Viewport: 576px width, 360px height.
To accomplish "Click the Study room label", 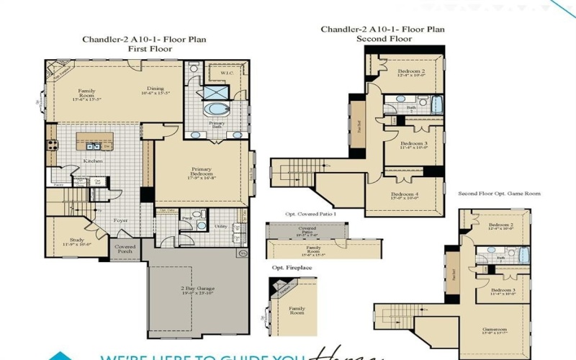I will pyautogui.click(x=77, y=240).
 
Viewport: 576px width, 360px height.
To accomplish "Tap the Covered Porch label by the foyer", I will pyautogui.click(x=125, y=248).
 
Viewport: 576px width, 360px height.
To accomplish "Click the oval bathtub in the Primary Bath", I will pyautogui.click(x=215, y=110).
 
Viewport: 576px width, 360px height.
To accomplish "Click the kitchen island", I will pyautogui.click(x=94, y=142).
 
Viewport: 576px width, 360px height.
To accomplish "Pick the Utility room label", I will pyautogui.click(x=220, y=226).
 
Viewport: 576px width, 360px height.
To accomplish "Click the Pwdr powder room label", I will pyautogui.click(x=186, y=216).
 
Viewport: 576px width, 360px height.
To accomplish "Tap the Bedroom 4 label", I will pyautogui.click(x=405, y=194).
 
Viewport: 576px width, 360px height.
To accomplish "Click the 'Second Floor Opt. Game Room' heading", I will pyautogui.click(x=499, y=194).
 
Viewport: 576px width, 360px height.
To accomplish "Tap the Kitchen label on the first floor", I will pyautogui.click(x=92, y=161).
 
